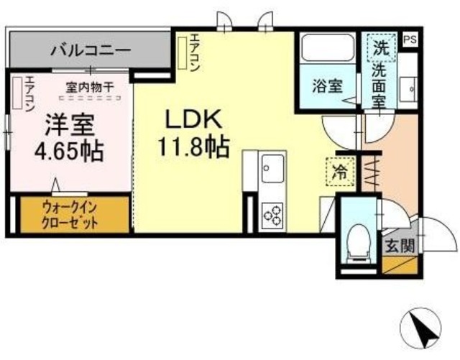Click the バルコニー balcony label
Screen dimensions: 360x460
(x=90, y=51)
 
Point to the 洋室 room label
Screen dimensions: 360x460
(x=70, y=126)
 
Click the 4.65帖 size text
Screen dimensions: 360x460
(x=70, y=152)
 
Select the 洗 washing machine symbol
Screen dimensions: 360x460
(x=381, y=48)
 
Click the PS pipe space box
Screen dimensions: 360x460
(x=410, y=40)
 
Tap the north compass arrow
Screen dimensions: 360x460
(x=423, y=329)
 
